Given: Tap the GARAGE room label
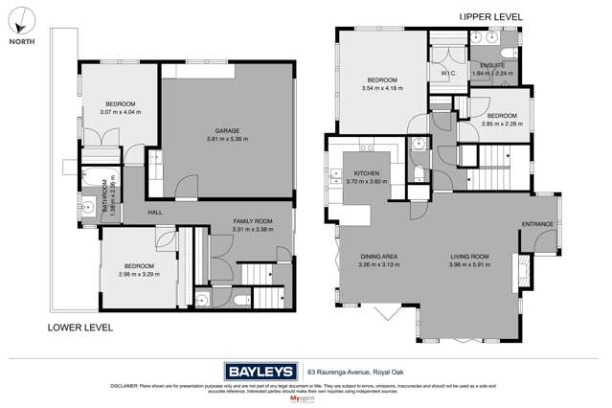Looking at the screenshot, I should (226, 130).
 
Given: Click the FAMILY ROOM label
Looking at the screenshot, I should (253, 221).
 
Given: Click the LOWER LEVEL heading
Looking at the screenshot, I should (80, 328).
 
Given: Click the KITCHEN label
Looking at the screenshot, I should (342, 173).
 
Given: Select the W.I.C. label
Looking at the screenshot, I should (447, 73).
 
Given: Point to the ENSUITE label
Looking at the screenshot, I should (491, 65).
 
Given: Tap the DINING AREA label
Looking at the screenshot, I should (377, 257).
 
